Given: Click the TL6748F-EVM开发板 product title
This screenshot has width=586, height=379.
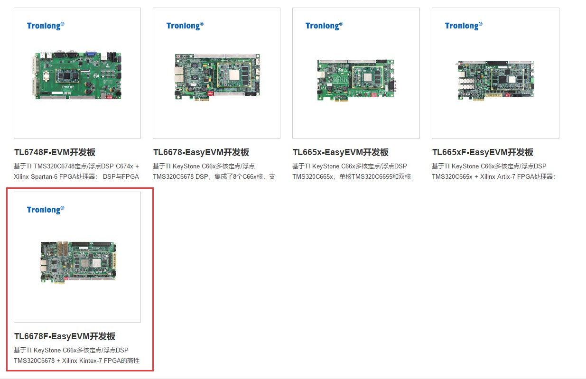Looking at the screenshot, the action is (55, 152).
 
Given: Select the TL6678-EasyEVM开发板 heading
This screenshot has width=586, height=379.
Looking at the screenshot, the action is (201, 152).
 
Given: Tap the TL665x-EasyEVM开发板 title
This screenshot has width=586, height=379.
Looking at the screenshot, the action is (340, 152).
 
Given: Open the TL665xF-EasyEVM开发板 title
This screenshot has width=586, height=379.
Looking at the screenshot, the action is (483, 152).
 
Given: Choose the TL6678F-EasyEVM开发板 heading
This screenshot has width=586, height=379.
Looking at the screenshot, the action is (65, 336).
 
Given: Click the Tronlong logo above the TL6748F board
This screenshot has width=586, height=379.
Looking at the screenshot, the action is (46, 26).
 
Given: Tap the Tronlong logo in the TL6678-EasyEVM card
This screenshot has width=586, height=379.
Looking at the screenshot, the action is (185, 26).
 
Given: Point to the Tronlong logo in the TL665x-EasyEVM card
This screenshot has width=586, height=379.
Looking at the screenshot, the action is (324, 26).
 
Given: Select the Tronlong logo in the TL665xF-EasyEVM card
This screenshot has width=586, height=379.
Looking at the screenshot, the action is (464, 26).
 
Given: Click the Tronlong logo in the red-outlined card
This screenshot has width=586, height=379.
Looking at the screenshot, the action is (46, 210).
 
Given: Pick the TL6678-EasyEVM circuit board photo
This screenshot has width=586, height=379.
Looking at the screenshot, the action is (217, 77).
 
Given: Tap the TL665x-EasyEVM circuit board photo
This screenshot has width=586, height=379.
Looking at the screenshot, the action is (356, 80).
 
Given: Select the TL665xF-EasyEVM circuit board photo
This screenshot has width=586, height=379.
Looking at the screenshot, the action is (496, 80).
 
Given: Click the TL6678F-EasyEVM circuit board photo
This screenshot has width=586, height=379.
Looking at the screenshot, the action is (78, 262).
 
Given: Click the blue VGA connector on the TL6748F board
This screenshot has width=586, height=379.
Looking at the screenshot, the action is (91, 53).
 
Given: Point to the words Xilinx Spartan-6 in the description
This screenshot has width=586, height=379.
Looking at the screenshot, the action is (36, 177).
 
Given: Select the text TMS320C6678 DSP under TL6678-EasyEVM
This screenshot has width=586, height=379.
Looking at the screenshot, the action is (180, 177).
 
